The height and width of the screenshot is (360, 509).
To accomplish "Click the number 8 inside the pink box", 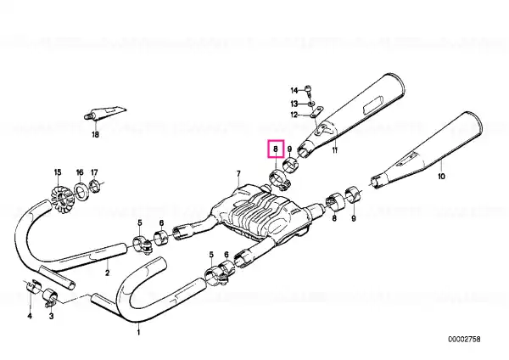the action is [276, 149].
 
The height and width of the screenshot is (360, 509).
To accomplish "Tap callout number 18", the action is [95, 134].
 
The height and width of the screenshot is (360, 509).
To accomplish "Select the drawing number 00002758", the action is [464, 340].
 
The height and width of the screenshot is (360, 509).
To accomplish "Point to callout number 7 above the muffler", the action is [238, 173].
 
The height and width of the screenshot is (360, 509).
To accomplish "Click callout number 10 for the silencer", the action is [441, 177].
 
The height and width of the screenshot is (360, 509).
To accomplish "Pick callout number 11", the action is [335, 150].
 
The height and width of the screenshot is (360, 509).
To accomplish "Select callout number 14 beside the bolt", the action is [294, 90].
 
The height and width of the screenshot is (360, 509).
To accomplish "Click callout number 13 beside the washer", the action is [294, 104].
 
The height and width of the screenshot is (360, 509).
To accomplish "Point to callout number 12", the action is [294, 115].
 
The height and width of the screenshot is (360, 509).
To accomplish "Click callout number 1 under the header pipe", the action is [138, 332].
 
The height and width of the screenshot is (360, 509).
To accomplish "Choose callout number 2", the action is [108, 273].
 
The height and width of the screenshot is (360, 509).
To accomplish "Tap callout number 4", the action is [30, 316].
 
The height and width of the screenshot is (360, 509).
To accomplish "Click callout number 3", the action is [51, 316].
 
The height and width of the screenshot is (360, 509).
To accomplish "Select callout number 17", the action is [94, 172].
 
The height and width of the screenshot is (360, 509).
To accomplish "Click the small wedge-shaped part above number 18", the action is [105, 113].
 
